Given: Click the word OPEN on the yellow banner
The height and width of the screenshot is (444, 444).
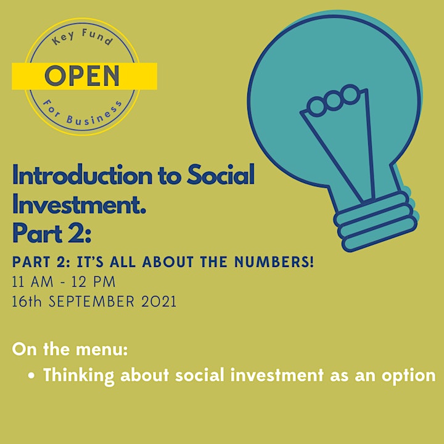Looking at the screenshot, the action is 82,76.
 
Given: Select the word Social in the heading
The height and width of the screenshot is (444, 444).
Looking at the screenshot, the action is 221,175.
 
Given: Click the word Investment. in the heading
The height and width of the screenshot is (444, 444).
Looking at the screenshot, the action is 79,204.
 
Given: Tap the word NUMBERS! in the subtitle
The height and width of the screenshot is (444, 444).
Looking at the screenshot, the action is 274,262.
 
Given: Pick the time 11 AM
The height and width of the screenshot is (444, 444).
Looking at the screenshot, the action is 33,282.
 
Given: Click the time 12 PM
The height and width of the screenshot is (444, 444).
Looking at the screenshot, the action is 94,282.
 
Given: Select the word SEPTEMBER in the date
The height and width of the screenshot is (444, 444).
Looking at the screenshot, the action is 91,302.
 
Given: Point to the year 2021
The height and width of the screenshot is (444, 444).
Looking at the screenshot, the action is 159,302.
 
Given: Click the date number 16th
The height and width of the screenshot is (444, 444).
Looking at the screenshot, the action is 27,302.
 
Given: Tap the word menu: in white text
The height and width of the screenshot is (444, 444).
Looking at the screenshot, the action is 102,350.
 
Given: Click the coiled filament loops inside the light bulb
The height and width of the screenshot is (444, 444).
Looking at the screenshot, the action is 334,101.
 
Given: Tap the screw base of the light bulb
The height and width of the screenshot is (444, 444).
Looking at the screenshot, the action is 375,221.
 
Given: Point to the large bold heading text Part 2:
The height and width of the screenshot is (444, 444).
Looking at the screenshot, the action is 52,233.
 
